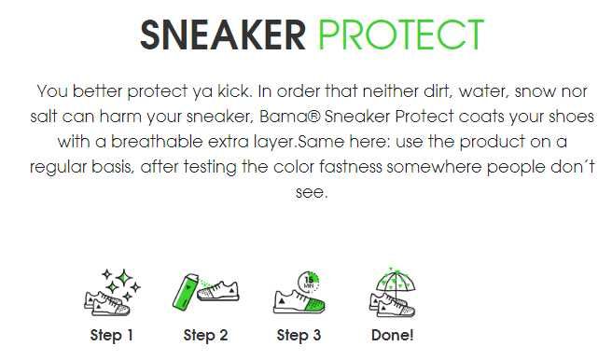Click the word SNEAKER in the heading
tap(222, 35)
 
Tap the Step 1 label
tap(112, 335)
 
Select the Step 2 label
tap(205, 335)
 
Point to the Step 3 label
tap(299, 335)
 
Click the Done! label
tap(392, 335)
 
